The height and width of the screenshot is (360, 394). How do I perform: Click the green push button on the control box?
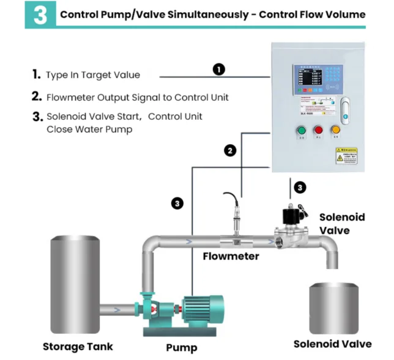point(300,130)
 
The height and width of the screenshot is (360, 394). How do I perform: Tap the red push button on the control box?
point(318,130)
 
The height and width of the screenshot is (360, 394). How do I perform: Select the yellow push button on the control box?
point(335,130)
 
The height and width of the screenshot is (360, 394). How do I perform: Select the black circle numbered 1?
point(219,69)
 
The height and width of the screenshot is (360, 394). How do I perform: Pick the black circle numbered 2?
point(230,150)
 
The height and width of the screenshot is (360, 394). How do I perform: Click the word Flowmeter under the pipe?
point(231,256)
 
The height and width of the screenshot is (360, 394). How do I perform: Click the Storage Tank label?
point(78,347)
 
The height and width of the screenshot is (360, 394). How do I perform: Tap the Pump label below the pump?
point(182,348)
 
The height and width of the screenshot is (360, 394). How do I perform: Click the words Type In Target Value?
point(93,75)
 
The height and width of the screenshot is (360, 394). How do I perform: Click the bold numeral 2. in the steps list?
point(37,97)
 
